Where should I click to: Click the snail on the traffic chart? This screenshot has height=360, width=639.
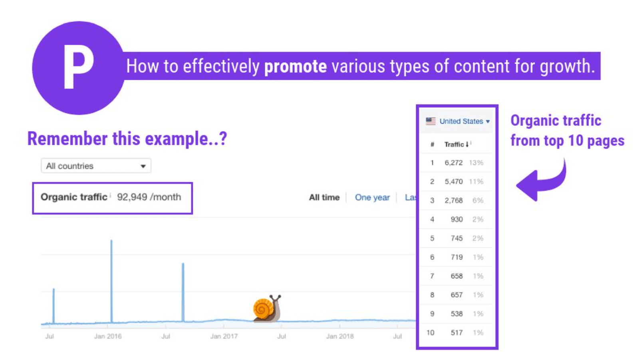coord(267,308)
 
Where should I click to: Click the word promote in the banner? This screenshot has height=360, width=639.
coord(295,66)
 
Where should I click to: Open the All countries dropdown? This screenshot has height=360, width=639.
coord(96,165)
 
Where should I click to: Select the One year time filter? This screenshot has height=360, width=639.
coord(372,197)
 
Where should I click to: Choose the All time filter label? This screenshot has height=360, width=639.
coord(324,197)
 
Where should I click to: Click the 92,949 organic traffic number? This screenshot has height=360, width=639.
coord(132,197)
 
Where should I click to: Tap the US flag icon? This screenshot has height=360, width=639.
coord(431,121)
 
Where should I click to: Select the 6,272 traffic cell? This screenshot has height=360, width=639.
coord(453,163)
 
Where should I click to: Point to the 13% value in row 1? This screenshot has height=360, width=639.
coord(476,163)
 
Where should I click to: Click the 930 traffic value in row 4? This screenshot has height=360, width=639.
coord(456,219)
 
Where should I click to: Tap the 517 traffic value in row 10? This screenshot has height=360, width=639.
coord(456,332)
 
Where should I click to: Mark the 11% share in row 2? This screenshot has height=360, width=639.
coord(476,181)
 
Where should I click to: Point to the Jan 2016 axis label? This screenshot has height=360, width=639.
coord(108,336)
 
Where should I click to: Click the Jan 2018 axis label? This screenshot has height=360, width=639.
coord(340,336)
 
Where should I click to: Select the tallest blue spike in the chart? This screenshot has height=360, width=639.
coord(111,281)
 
